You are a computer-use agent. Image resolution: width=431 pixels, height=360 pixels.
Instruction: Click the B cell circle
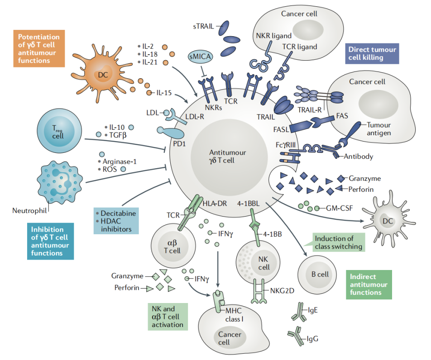pyautogui.click(x=319, y=274)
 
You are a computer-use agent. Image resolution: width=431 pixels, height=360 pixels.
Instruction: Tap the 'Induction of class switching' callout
pyautogui.click(x=339, y=243)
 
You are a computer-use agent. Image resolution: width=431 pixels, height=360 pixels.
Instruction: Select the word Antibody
pyautogui.click(x=359, y=156)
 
